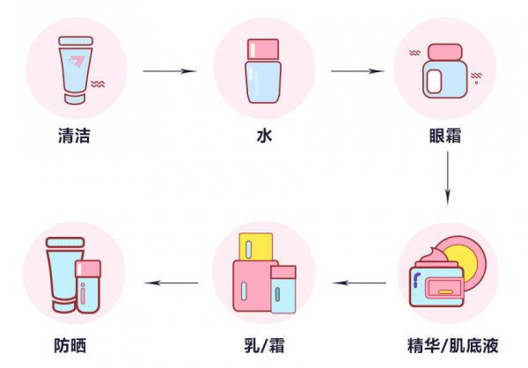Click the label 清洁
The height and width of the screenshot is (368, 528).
coord(74,137)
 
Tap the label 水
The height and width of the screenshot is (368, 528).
coord(262,137)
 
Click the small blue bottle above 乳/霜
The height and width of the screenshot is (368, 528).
coord(282,289)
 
